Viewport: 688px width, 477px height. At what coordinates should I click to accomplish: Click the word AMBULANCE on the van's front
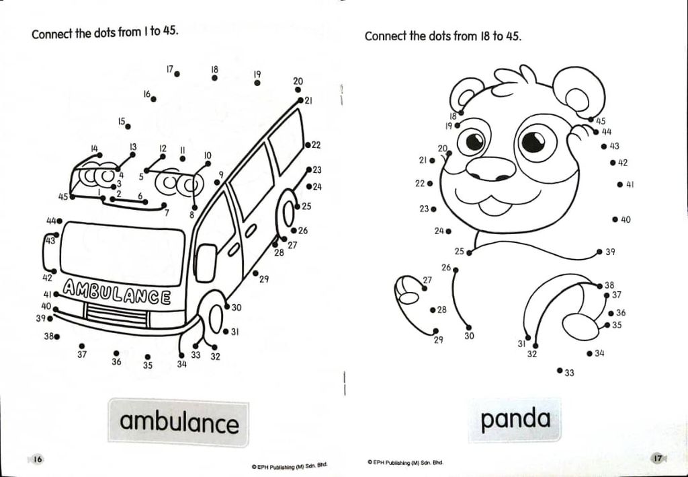click(x=116, y=292)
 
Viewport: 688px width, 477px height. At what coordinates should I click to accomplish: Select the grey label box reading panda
click(x=515, y=419)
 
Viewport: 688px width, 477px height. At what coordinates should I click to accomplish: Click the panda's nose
click(x=490, y=169)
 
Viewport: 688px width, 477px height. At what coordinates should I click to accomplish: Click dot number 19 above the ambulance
click(x=257, y=83)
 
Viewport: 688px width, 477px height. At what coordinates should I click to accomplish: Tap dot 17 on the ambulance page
click(x=177, y=74)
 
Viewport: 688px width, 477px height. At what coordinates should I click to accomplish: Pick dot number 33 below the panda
click(x=560, y=370)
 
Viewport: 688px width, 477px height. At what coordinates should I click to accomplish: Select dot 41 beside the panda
click(x=619, y=184)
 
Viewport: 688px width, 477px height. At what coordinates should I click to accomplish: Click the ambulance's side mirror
click(x=206, y=262)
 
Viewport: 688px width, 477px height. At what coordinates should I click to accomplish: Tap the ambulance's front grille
click(x=116, y=315)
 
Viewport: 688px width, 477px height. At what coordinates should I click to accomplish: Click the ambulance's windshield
click(x=122, y=254)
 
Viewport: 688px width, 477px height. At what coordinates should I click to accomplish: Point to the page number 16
click(x=38, y=459)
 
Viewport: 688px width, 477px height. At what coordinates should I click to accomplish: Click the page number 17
click(x=657, y=459)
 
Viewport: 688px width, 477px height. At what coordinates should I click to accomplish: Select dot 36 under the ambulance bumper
click(x=116, y=353)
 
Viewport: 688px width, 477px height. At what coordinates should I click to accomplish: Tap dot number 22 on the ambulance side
click(x=308, y=145)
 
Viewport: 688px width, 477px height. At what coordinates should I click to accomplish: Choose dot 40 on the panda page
click(x=615, y=219)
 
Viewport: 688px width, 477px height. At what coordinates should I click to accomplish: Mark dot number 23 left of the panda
click(x=433, y=209)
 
